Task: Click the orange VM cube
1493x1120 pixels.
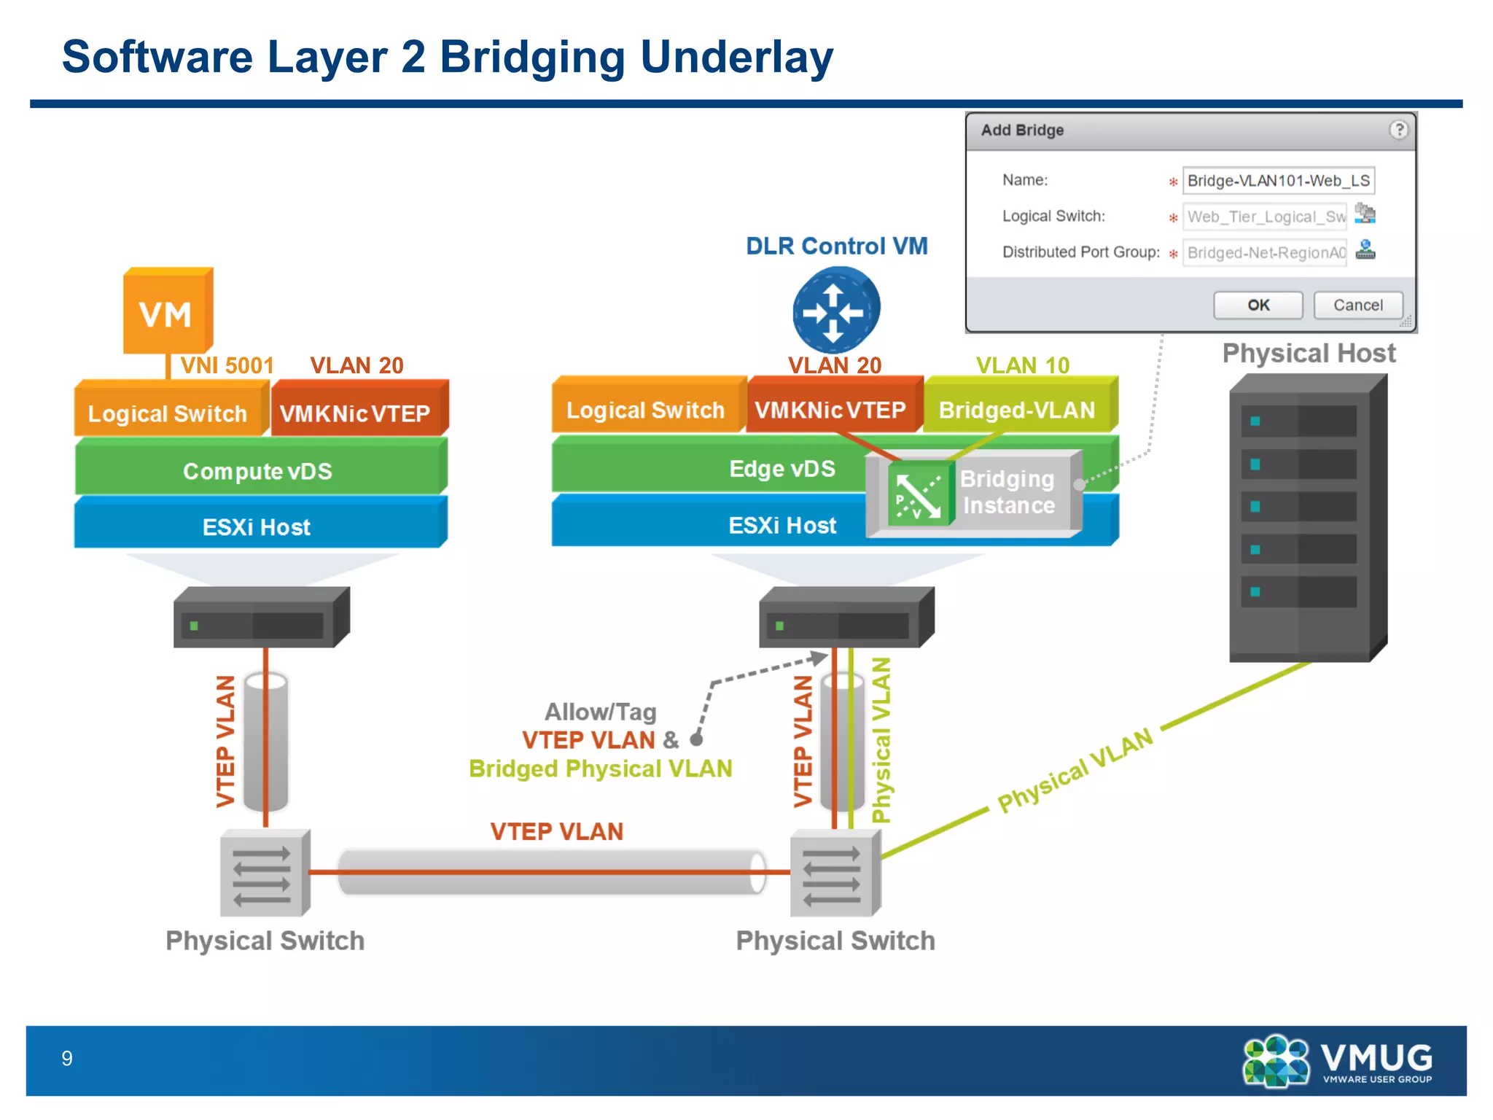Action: [x=167, y=312]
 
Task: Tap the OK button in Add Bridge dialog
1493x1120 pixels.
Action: [x=1258, y=305]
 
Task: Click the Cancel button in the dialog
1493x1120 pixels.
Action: [x=1357, y=305]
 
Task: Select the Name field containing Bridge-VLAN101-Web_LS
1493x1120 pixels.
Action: [x=1278, y=181]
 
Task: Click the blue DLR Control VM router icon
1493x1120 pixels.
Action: [x=835, y=310]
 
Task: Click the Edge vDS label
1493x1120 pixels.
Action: [x=781, y=468]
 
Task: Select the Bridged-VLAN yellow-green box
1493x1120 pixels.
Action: [x=1018, y=409]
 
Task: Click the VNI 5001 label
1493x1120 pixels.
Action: [x=227, y=365]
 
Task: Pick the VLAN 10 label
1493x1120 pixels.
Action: [x=1022, y=365]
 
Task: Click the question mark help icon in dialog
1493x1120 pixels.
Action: [x=1398, y=130]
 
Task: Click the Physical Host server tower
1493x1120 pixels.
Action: [x=1307, y=518]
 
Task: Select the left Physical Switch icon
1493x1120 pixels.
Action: [x=264, y=872]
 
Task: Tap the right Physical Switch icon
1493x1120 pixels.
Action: [x=835, y=872]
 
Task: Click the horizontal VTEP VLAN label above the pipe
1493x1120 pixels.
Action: [x=556, y=831]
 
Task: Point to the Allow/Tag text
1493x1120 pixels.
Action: [x=600, y=711]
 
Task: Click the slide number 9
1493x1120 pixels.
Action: [x=67, y=1058]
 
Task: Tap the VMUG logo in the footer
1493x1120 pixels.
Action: [x=1338, y=1061]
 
